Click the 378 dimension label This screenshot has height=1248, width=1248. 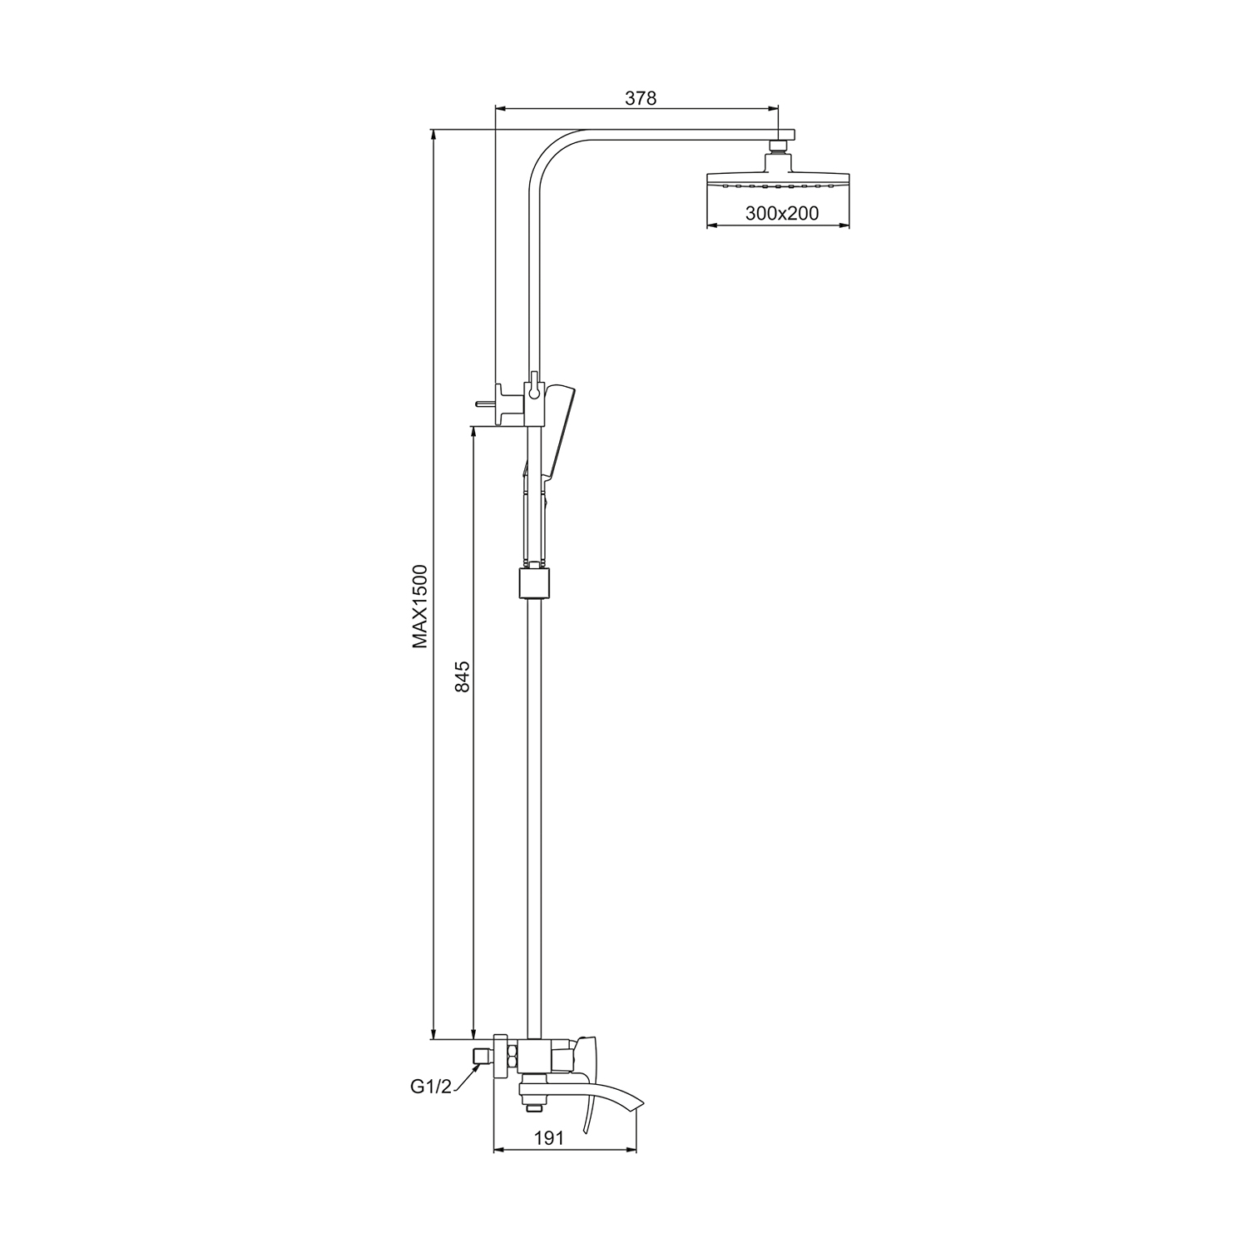[x=641, y=98]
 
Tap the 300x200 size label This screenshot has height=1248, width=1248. [x=782, y=213]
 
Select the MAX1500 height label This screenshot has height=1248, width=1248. [x=419, y=607]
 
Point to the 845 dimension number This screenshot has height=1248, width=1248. [x=464, y=676]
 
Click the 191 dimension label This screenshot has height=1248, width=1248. [x=550, y=1138]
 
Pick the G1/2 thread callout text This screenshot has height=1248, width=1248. [x=430, y=1087]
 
